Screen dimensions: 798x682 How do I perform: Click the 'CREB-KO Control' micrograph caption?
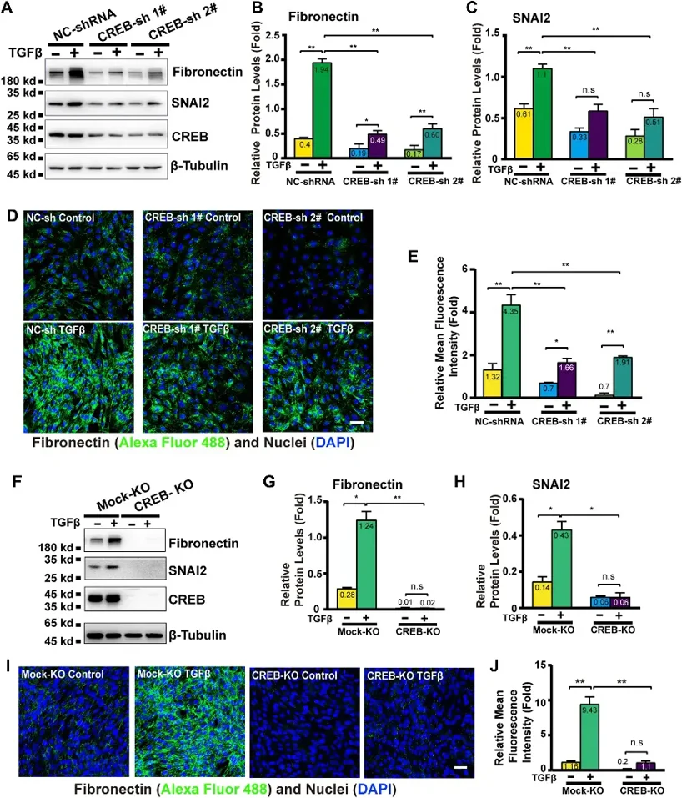pyautogui.click(x=283, y=673)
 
